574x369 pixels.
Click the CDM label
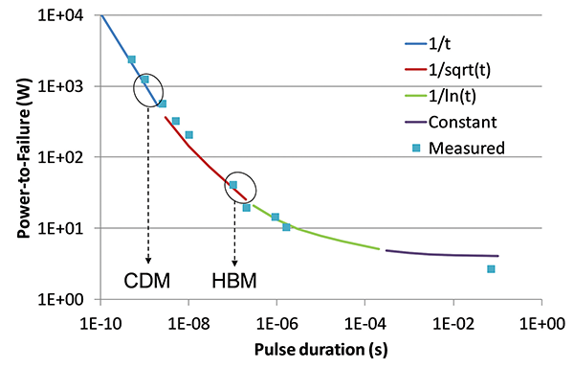click(148, 280)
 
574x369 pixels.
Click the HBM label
click(234, 280)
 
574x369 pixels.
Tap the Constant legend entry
click(461, 121)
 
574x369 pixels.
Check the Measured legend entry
click(464, 147)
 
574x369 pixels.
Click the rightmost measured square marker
click(491, 269)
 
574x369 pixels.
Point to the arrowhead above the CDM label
click(148, 260)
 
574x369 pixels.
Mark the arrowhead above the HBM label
click(234, 261)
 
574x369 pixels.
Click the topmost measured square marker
click(132, 59)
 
